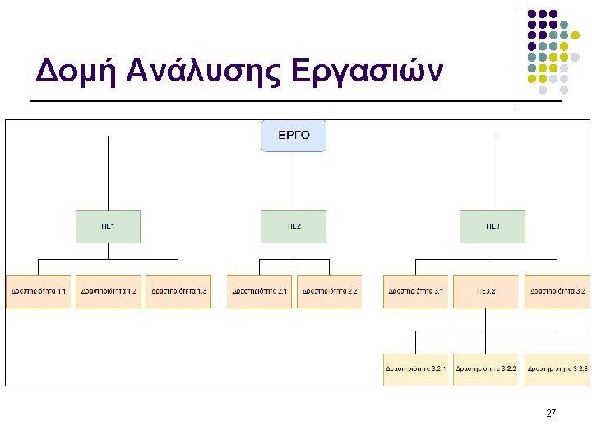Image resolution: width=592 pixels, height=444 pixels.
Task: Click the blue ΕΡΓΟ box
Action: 294,136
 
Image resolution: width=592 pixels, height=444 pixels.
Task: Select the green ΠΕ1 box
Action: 108,226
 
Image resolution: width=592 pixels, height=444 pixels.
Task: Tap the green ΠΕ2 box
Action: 294,226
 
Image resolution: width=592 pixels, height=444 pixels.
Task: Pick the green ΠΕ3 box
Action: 493,226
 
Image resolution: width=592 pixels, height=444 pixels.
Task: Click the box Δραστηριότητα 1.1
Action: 39,291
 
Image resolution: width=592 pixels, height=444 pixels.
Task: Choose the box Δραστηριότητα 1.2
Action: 109,291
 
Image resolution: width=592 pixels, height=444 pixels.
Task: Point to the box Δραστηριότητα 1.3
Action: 178,291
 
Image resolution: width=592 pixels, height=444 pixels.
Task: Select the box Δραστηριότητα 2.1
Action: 260,291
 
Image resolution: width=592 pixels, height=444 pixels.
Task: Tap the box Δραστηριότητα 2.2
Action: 329,291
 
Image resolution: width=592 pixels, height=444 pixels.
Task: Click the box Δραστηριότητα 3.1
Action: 415,291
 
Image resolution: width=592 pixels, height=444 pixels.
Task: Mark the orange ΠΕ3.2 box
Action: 485,291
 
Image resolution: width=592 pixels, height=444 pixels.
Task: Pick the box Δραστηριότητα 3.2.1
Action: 415,368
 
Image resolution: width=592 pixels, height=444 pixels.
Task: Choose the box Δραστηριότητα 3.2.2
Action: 485,368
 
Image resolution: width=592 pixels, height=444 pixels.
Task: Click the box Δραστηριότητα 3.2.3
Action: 557,368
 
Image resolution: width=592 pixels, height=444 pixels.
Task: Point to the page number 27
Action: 551,413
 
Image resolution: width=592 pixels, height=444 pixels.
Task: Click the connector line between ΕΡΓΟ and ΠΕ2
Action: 294,181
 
